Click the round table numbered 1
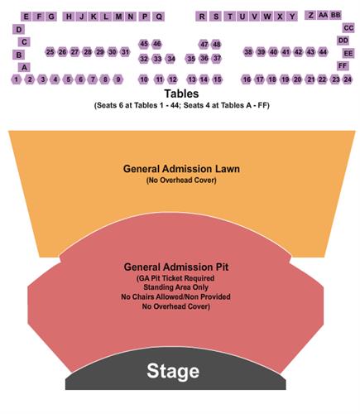tap(17, 79)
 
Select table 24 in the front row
tap(348, 79)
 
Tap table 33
tap(157, 59)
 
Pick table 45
tap(144, 44)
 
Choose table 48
tap(217, 44)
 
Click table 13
tap(191, 79)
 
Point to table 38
tap(248, 52)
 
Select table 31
tap(125, 52)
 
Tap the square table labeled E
tap(26, 17)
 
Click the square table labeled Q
tap(159, 17)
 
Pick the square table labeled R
tap(202, 17)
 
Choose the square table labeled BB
tap(336, 15)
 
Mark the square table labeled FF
tap(343, 65)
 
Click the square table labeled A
tap(24, 67)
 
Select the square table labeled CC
tap(348, 28)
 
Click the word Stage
tap(173, 371)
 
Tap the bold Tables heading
tap(181, 94)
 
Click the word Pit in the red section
tap(220, 267)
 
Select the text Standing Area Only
tap(175, 287)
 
